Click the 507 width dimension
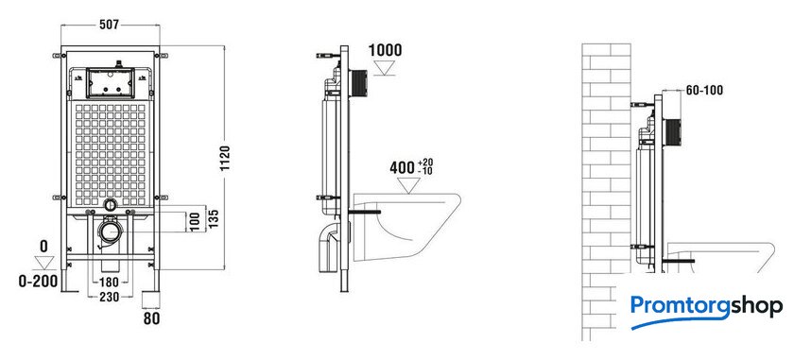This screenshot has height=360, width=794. [x=109, y=25]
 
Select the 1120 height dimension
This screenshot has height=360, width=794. [x=225, y=158]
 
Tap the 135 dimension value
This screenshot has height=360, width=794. [x=214, y=217]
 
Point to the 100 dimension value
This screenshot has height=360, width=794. [x=196, y=222]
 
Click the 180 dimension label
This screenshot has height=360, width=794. [x=109, y=282]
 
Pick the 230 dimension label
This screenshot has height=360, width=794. [x=110, y=297]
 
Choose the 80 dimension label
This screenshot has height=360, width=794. [x=151, y=318]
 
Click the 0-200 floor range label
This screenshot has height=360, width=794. [x=39, y=281]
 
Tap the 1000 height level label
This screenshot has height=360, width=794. [x=385, y=51]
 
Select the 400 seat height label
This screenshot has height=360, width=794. [x=403, y=167]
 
